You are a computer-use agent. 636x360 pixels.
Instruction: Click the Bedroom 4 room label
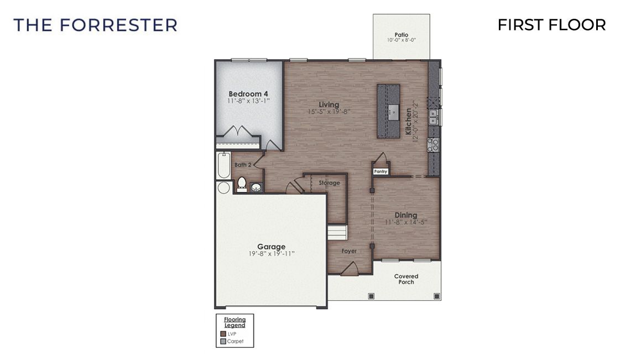[248, 93]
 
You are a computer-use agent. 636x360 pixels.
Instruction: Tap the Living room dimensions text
[330, 112]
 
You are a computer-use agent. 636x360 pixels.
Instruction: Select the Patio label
[402, 35]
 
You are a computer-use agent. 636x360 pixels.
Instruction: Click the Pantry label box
[380, 171]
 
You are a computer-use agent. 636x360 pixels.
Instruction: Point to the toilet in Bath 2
[242, 184]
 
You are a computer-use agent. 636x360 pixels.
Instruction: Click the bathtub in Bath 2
[223, 165]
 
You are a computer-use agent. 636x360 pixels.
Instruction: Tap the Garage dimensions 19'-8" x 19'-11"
[271, 254]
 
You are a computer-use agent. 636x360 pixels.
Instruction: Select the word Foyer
[349, 251]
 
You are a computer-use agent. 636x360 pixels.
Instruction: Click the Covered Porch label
[406, 279]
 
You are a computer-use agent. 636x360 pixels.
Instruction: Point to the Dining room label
[405, 215]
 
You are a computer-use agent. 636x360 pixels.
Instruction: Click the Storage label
[329, 183]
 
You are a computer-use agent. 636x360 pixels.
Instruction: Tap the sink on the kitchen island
[393, 111]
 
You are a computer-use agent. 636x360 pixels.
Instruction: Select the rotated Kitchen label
[409, 122]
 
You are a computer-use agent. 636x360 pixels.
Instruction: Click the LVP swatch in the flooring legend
[223, 334]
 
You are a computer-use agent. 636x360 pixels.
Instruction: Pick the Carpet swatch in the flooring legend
[223, 341]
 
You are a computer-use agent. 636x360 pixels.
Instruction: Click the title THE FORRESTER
[95, 25]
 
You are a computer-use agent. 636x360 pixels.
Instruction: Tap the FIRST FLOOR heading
[551, 25]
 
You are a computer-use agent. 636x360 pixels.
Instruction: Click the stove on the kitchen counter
[434, 145]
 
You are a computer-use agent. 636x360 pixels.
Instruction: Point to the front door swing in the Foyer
[349, 269]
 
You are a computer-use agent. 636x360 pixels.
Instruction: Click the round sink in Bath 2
[256, 187]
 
